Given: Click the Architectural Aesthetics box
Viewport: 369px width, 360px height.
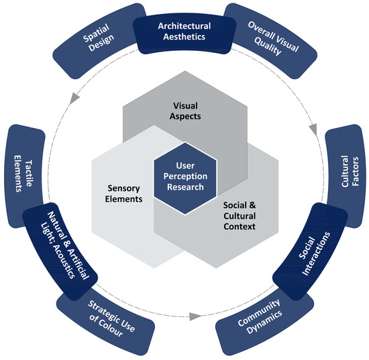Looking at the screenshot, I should (x=184, y=31).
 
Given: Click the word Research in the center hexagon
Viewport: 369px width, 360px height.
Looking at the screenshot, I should (x=184, y=187).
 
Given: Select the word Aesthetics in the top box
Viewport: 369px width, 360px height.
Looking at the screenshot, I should (x=184, y=36).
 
